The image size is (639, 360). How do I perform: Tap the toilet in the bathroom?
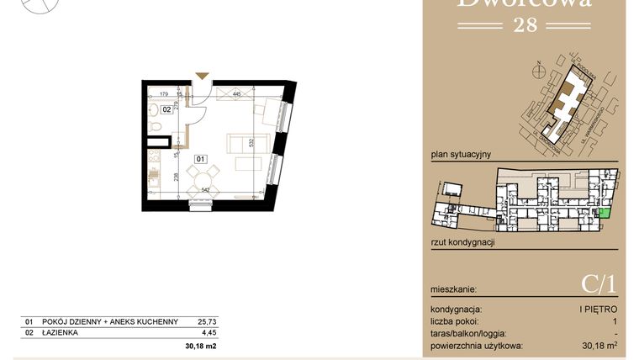[156, 126]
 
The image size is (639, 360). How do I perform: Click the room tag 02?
[167, 109]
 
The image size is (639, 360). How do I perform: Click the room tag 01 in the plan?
[201, 157]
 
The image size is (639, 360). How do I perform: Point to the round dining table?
[202, 177]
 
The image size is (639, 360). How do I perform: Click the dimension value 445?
[237, 94]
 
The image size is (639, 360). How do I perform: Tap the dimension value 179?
[165, 94]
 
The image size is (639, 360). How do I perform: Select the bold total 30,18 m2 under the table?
[200, 345]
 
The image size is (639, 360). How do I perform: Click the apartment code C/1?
[599, 285]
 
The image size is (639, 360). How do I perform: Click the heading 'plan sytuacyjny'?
[460, 155]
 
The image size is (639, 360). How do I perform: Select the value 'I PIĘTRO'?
[599, 310]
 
